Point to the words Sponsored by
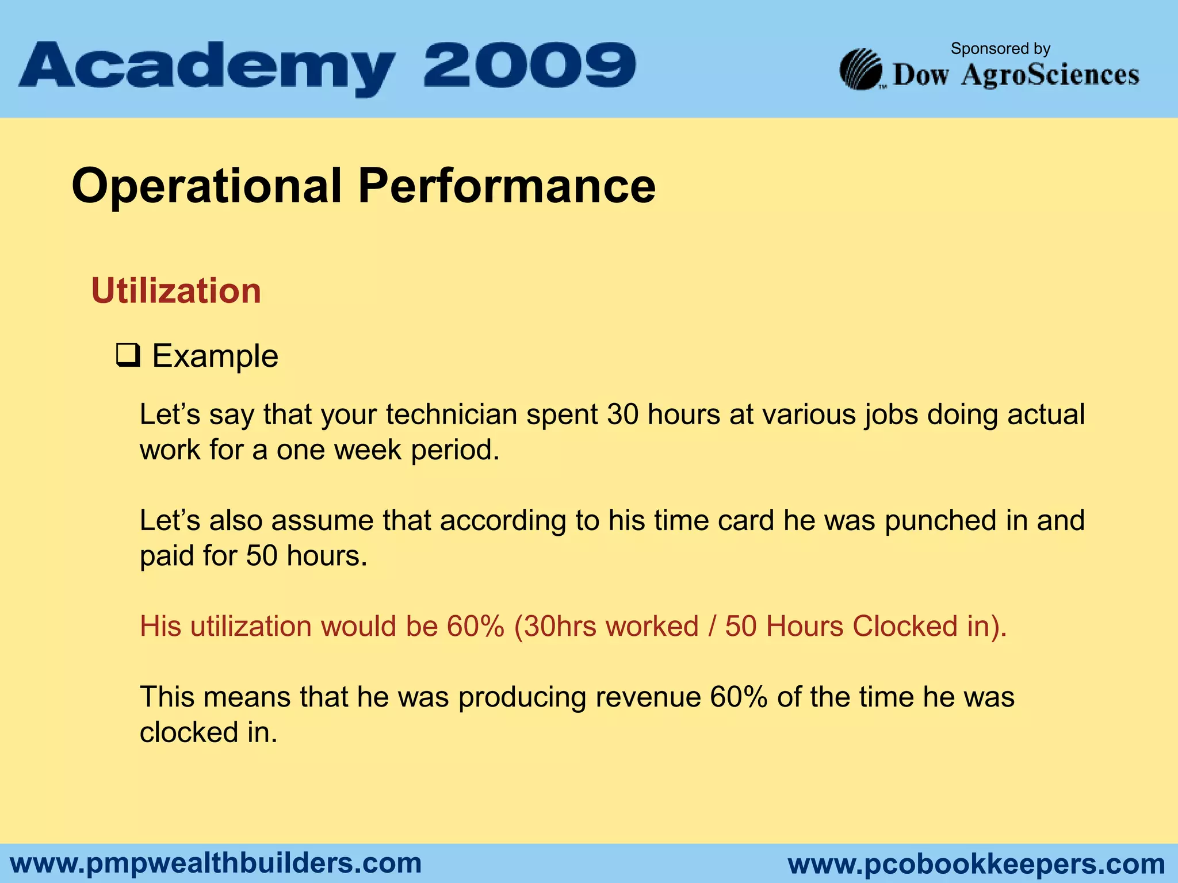(x=1000, y=49)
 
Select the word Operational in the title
(x=206, y=186)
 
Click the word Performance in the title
(x=506, y=186)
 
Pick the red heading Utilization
(x=176, y=291)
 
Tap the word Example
(x=215, y=356)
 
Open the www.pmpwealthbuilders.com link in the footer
(x=216, y=863)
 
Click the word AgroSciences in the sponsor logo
(x=1050, y=75)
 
